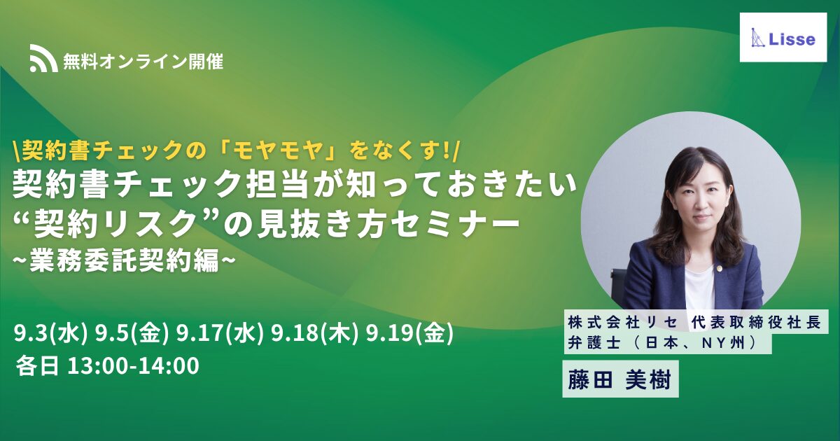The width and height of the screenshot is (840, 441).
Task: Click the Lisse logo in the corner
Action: click(x=783, y=38)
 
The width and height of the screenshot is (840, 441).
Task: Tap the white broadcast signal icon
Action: click(x=43, y=58)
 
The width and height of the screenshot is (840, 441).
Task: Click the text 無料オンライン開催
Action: click(x=143, y=61)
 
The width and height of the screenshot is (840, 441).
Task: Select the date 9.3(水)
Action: click(x=51, y=333)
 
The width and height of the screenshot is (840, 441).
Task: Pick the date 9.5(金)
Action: click(x=132, y=333)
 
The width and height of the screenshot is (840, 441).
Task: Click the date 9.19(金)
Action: click(x=410, y=333)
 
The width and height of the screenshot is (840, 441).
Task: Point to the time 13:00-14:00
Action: click(x=133, y=366)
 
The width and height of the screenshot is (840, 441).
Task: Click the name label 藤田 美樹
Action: click(x=620, y=379)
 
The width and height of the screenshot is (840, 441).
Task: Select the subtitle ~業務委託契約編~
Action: click(x=125, y=260)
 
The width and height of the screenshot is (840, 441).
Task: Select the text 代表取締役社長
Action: click(x=757, y=323)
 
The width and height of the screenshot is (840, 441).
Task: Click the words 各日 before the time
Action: click(x=37, y=366)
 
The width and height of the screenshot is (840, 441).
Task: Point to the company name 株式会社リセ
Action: click(x=623, y=323)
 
